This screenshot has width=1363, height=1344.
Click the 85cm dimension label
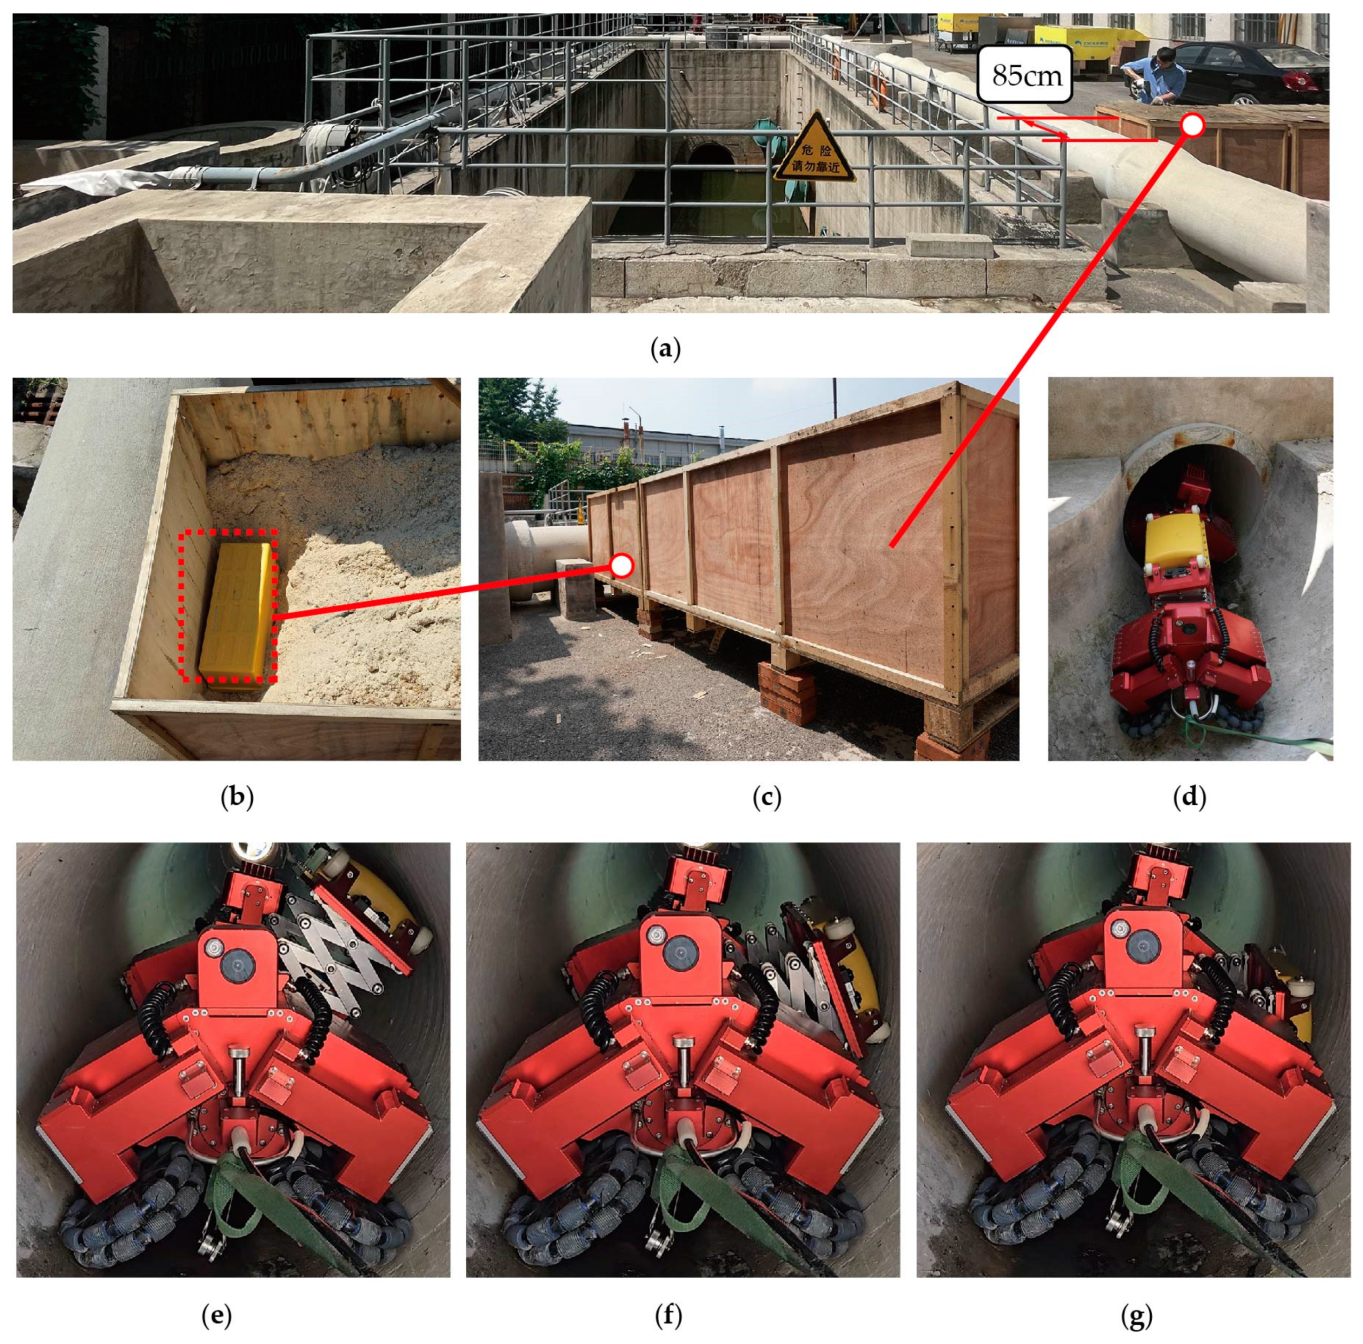click(1025, 74)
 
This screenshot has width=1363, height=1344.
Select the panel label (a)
click(665, 348)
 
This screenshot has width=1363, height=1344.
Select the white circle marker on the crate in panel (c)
click(622, 565)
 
